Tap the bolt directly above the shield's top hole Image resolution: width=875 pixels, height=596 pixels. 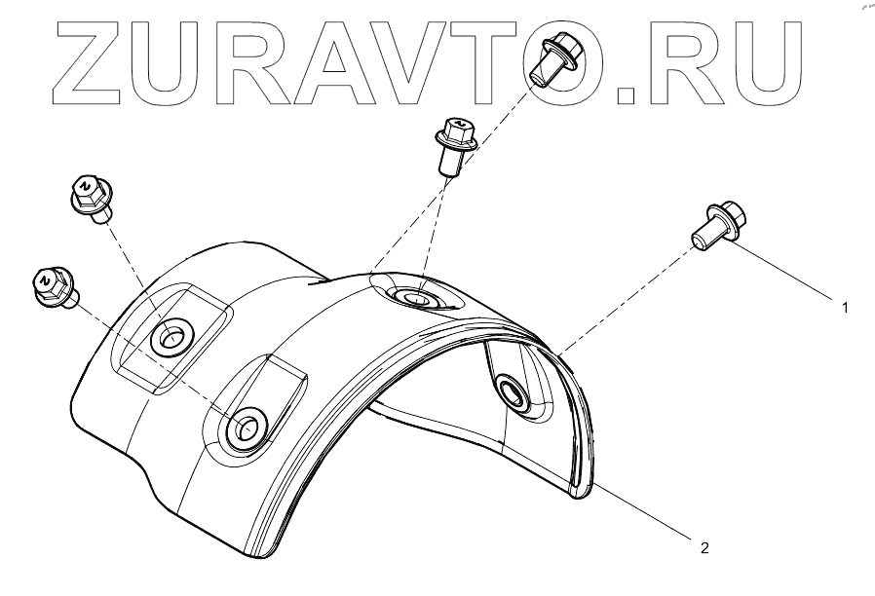454,144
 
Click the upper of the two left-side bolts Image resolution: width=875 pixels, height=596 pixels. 90,199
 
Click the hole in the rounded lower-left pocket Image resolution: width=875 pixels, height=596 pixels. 243,427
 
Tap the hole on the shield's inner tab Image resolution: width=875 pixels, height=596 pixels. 512,393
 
